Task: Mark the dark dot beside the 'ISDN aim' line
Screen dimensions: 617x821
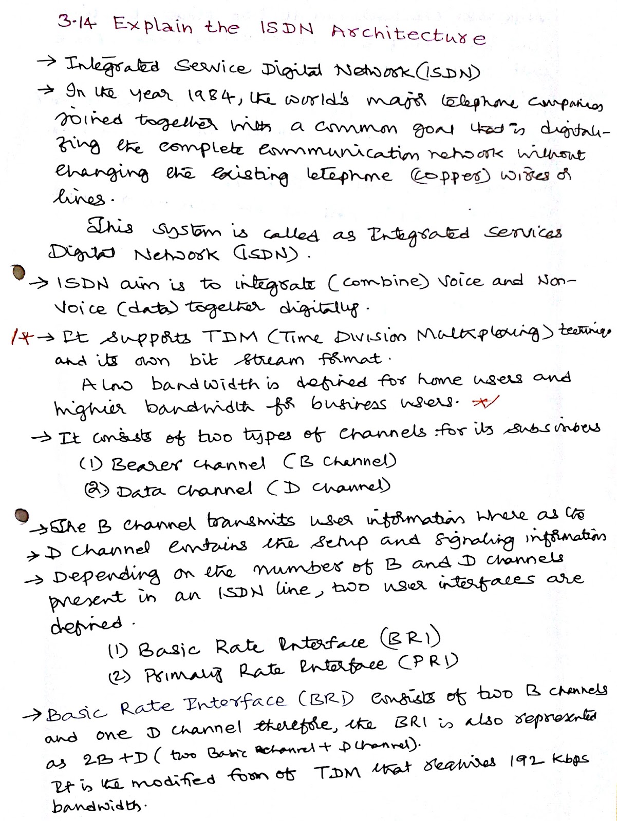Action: pyautogui.click(x=19, y=272)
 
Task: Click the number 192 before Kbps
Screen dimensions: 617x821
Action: pyautogui.click(x=529, y=758)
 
